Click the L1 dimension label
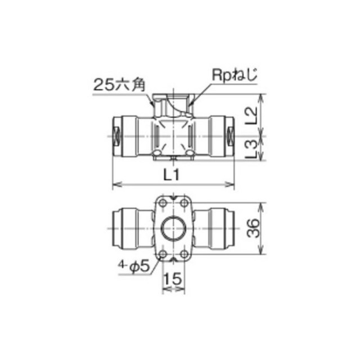tap(171, 175)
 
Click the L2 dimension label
tap(251, 116)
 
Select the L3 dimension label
tap(251, 149)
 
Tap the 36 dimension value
tap(253, 228)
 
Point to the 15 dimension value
tap(173, 279)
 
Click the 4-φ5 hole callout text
tap(134, 266)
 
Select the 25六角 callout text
tap(119, 85)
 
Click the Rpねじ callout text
tap(234, 74)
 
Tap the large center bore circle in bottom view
tap(173, 228)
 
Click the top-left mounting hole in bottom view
tap(163, 203)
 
